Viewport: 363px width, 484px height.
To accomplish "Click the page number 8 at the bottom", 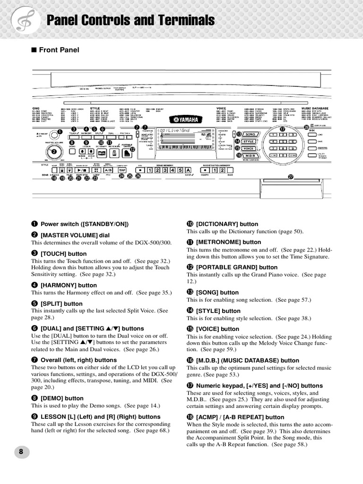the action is [21, 451].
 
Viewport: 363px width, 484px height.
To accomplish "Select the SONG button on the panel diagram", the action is [249, 135].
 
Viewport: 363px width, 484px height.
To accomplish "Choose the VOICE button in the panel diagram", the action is [249, 148].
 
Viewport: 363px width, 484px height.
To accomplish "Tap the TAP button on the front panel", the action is [122, 170].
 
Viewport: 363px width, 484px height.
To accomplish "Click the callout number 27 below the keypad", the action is [291, 177].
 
